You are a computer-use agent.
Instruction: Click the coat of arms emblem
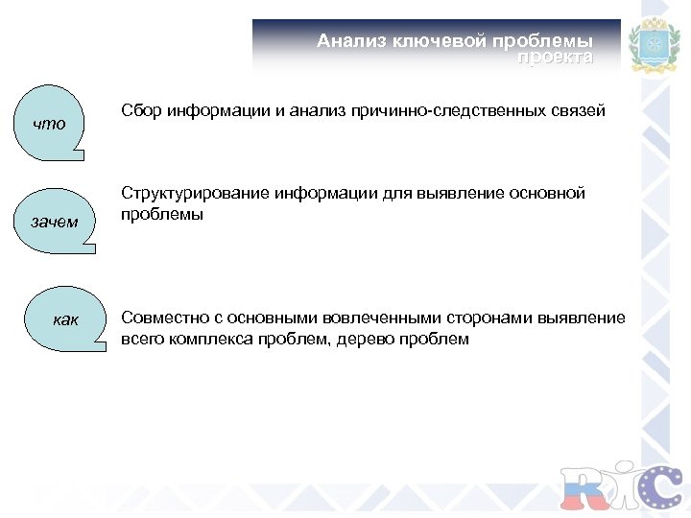click(652, 46)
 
